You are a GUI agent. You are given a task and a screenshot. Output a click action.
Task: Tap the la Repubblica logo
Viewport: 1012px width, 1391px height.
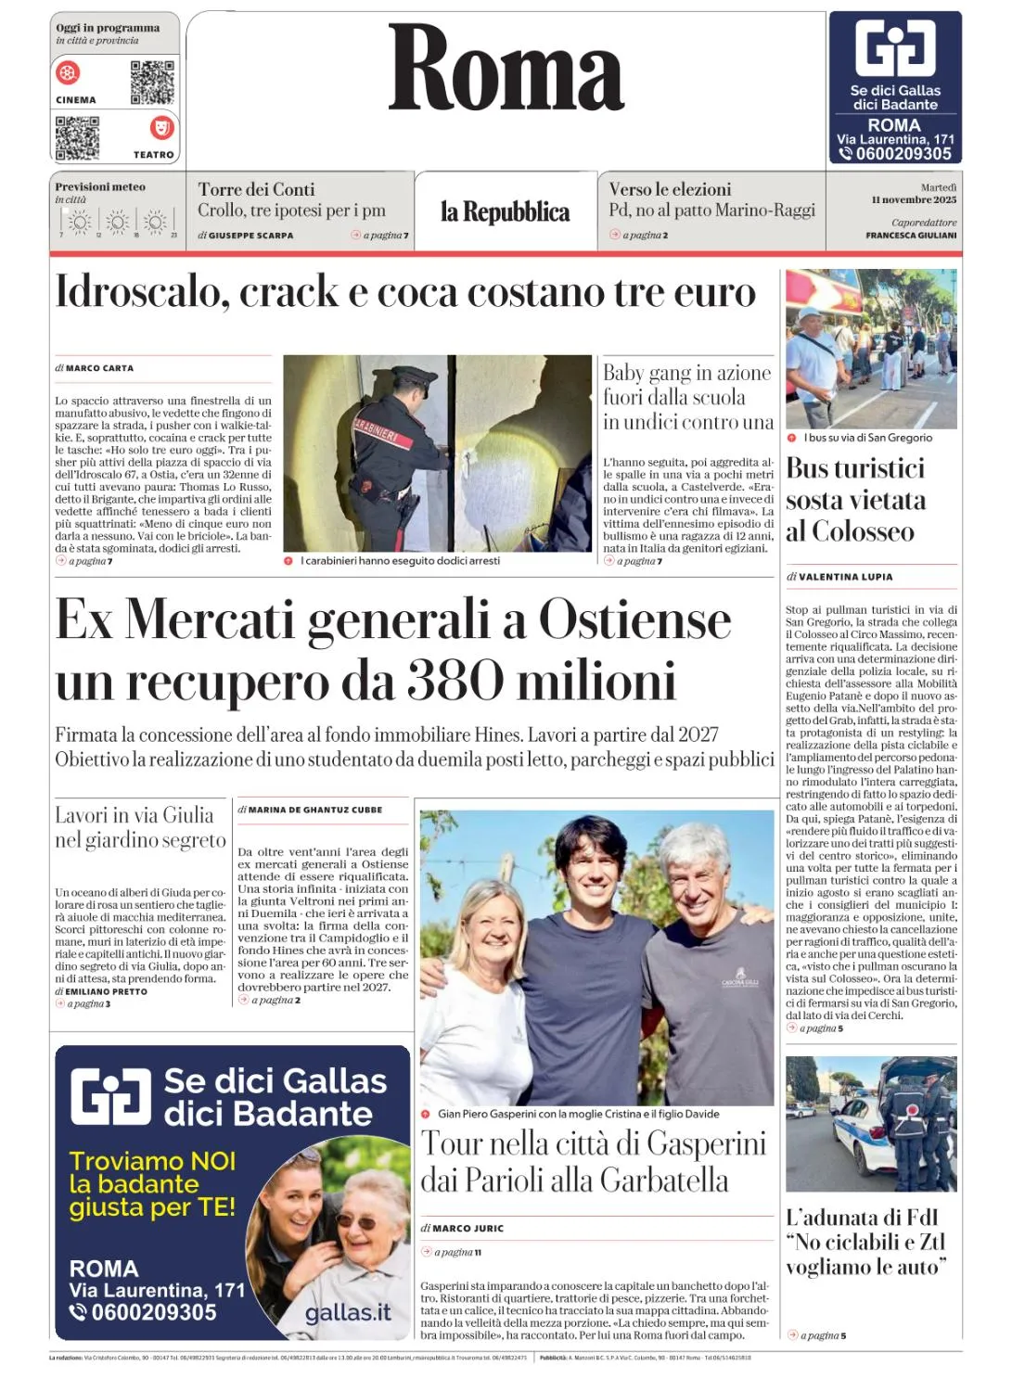pyautogui.click(x=505, y=212)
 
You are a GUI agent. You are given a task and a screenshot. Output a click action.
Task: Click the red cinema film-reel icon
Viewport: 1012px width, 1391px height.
pyautogui.click(x=68, y=72)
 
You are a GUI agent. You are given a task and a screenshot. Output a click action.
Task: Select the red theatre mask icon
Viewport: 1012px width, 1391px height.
pyautogui.click(x=161, y=127)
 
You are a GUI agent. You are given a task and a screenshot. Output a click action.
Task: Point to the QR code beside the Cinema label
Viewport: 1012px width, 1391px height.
pyautogui.click(x=152, y=83)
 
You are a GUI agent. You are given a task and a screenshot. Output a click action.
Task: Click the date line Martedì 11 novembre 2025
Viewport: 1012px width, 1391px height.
pyautogui.click(x=914, y=194)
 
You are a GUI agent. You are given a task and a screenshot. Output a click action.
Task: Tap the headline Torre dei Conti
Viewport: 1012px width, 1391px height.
pyautogui.click(x=256, y=189)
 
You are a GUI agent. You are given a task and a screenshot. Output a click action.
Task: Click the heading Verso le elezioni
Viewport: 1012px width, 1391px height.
pyautogui.click(x=670, y=189)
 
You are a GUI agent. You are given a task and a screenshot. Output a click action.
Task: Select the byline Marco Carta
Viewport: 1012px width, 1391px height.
pyautogui.click(x=99, y=368)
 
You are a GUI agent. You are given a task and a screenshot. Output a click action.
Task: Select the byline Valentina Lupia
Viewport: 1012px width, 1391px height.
pyautogui.click(x=845, y=577)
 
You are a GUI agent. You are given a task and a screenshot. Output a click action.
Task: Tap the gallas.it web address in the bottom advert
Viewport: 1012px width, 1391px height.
pyautogui.click(x=347, y=1313)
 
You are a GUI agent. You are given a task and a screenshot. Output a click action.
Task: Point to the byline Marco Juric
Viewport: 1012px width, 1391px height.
pyautogui.click(x=468, y=1229)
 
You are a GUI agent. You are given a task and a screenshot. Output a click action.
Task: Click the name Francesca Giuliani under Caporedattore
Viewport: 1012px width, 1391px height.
pyautogui.click(x=911, y=236)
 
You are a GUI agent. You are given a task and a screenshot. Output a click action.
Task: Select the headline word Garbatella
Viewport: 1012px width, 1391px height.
pyautogui.click(x=663, y=1180)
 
